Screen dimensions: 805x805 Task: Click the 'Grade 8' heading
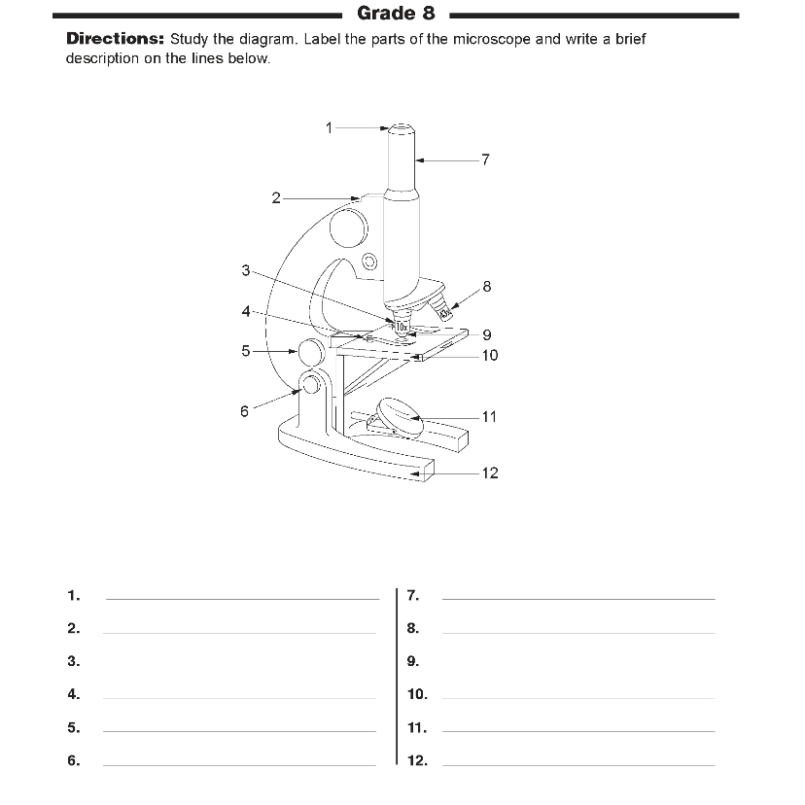point(396,14)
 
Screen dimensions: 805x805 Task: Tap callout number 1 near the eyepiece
point(329,126)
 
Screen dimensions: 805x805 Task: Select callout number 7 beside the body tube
point(486,158)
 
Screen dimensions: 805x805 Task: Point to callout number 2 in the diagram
point(276,198)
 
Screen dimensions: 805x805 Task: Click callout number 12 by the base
point(490,473)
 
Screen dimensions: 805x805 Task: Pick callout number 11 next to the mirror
point(489,417)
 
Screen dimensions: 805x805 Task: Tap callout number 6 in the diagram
point(244,411)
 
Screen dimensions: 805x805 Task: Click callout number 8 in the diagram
point(487,287)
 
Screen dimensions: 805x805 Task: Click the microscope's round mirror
point(399,412)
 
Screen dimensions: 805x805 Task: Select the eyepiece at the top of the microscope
point(401,129)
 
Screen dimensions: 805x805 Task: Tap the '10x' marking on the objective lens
point(402,326)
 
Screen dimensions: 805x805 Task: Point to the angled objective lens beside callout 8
point(442,309)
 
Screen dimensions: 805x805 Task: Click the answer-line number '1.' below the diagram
point(74,595)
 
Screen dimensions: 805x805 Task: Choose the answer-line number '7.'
point(412,595)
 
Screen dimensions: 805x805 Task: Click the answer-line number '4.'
point(74,694)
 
